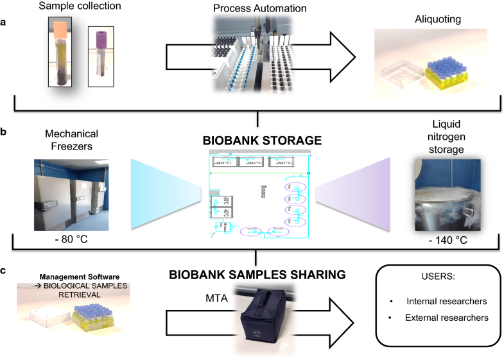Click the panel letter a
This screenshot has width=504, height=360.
4,22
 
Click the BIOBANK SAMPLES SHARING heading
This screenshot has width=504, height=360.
257,275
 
